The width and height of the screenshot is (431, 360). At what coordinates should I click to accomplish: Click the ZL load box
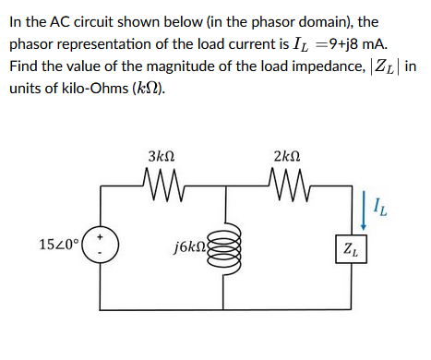[x=352, y=249]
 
